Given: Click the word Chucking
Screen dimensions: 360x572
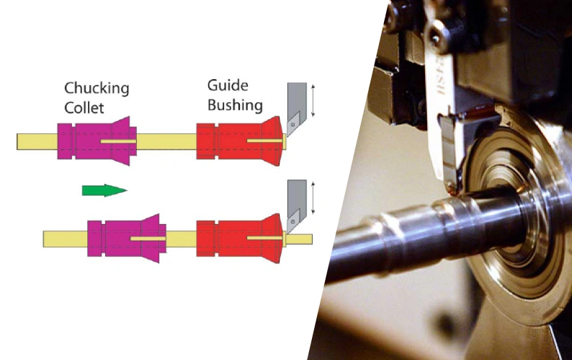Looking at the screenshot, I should tap(97, 89).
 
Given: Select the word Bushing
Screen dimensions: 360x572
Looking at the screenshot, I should tap(235, 105).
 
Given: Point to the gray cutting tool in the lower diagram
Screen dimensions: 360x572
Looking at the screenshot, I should tap(296, 202).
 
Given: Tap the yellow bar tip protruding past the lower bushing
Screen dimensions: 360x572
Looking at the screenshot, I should tap(301, 238).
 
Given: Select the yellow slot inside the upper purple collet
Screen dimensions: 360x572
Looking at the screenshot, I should tap(118, 141).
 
